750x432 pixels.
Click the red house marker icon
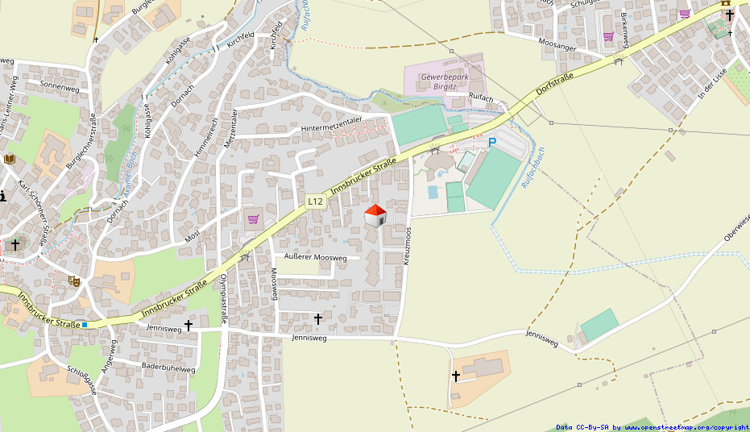[375, 215]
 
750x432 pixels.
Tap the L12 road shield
[315, 201]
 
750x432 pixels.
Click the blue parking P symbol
[491, 143]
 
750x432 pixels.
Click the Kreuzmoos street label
[408, 246]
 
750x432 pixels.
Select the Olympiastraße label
[224, 295]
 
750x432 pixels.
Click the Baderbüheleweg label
[168, 368]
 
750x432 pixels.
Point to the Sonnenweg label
[60, 85]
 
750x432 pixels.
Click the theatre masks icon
[73, 280]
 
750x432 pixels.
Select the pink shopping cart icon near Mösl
[253, 218]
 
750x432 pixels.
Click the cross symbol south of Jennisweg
[456, 376]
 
